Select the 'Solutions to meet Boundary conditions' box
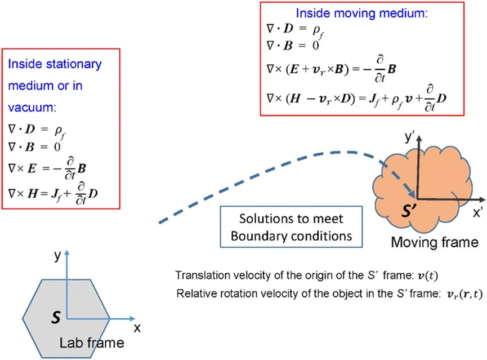click(x=291, y=227)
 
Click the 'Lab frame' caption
click(x=92, y=342)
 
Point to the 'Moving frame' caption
click(x=435, y=243)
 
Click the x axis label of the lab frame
click(x=137, y=327)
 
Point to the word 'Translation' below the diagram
click(x=199, y=275)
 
